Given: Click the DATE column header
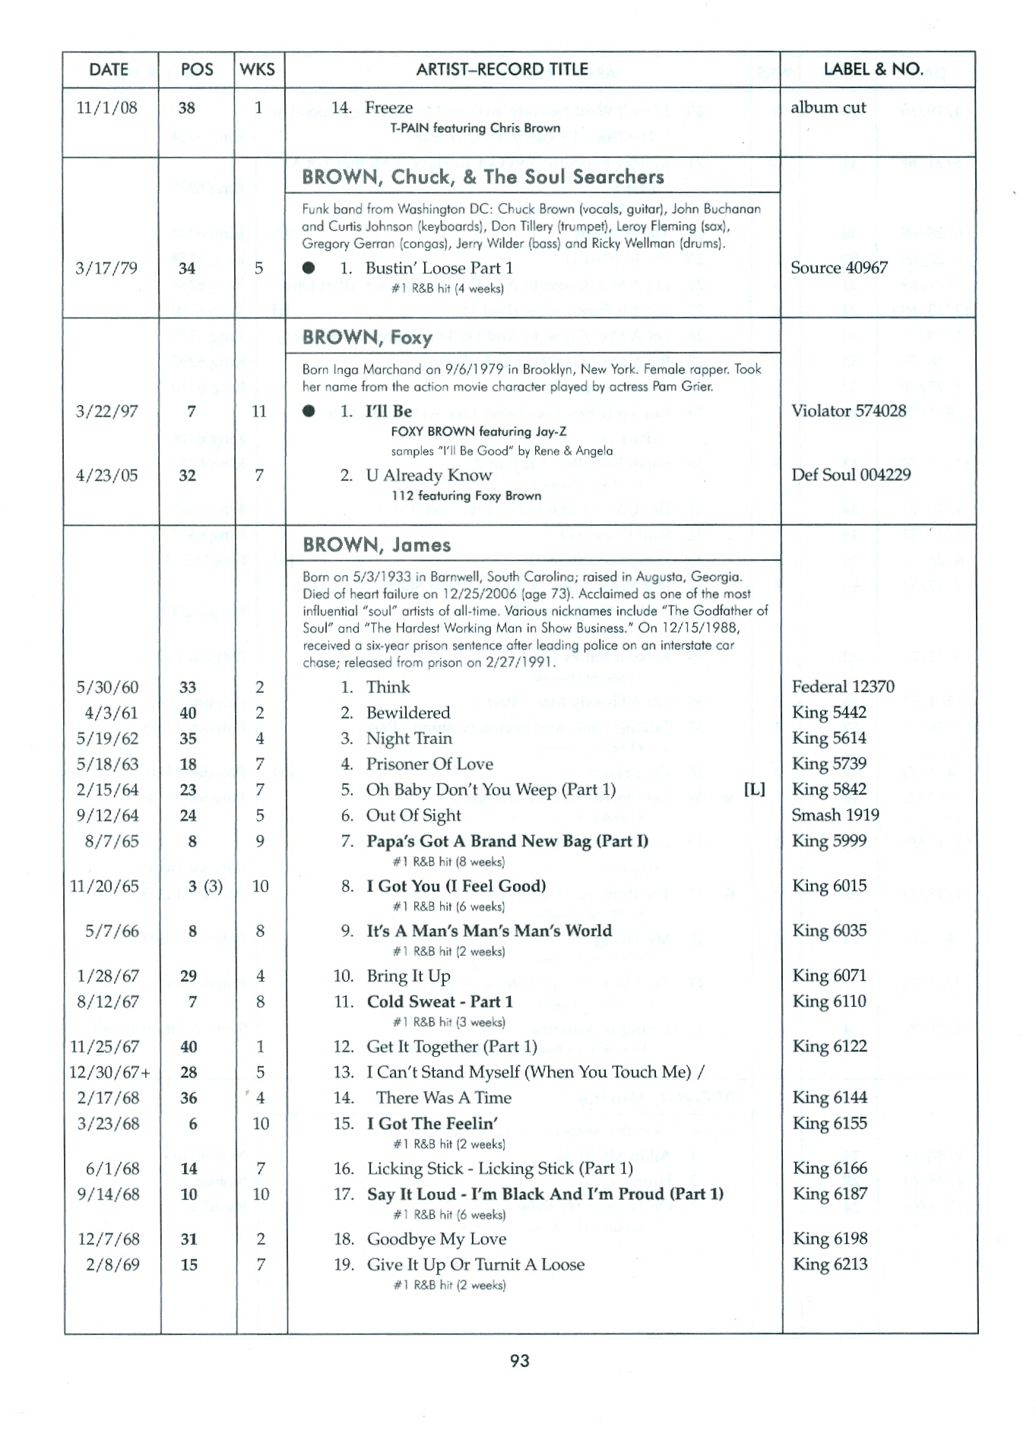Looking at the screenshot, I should tap(109, 70).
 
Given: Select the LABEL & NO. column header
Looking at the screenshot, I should tap(873, 69).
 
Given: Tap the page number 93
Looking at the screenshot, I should tap(520, 1360).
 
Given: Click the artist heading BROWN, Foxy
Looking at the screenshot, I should tap(367, 337).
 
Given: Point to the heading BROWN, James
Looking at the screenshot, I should tap(376, 545).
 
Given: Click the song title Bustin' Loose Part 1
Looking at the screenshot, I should tap(439, 267).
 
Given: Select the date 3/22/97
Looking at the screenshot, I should tap(107, 411).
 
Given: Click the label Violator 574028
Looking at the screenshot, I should tap(848, 411).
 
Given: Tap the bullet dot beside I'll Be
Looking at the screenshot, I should tap(309, 411).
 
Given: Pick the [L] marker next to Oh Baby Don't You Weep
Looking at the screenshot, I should tap(754, 789).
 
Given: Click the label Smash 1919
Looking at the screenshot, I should tap(835, 815).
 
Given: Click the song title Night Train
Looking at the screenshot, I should tap(409, 739).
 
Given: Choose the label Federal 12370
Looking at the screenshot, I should tap(843, 687).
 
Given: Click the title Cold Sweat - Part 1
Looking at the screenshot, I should tap(439, 1001).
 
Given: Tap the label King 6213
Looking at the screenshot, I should tap(830, 1264).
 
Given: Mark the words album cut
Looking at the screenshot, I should tap(828, 107).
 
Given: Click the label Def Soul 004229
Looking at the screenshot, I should tap(851, 475).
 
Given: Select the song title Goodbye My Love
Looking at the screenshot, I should tap(436, 1239).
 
